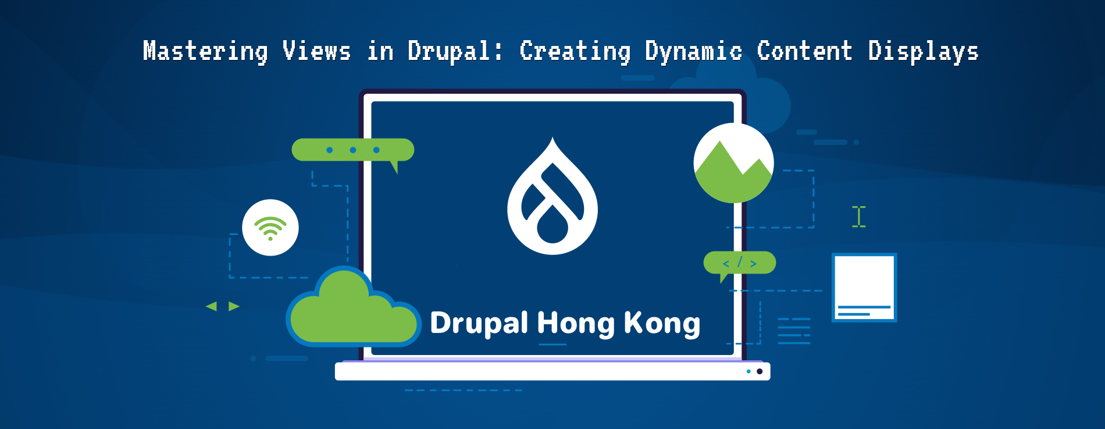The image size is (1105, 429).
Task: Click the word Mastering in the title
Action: click(x=205, y=51)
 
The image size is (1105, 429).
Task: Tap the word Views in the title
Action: click(x=317, y=51)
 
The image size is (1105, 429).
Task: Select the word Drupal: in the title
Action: click(x=455, y=51)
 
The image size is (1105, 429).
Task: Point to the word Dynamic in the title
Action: click(x=693, y=51)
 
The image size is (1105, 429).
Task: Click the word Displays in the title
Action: click(x=923, y=51)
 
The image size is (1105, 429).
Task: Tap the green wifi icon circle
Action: click(x=270, y=228)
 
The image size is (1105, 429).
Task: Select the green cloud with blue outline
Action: click(x=352, y=311)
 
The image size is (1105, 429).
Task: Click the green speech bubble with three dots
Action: click(x=352, y=150)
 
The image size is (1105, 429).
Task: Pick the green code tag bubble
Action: click(x=740, y=263)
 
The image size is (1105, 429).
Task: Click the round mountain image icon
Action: click(x=733, y=164)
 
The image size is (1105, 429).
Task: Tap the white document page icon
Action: click(x=864, y=287)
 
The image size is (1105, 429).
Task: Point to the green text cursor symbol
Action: click(x=859, y=217)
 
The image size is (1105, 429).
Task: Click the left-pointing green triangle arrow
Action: click(x=212, y=306)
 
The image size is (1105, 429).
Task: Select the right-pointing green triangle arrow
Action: click(x=234, y=306)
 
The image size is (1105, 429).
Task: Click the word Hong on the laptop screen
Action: click(x=575, y=324)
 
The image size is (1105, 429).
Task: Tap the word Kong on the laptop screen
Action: click(x=662, y=324)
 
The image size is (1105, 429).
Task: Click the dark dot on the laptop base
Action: click(x=760, y=371)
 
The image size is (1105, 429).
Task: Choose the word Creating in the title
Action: click(x=575, y=51)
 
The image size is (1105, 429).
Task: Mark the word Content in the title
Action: click(x=804, y=51)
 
